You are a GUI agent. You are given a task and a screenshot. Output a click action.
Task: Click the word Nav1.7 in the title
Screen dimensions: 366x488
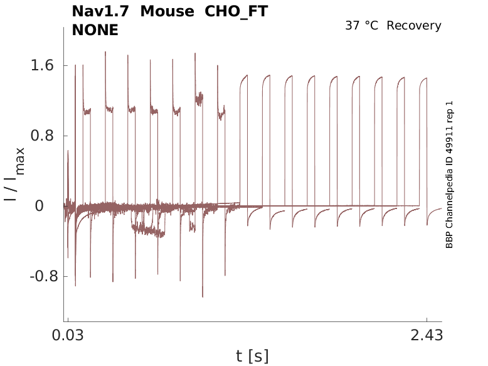point(100,12)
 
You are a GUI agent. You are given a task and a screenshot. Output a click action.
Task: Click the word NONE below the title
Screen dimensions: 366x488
point(95,29)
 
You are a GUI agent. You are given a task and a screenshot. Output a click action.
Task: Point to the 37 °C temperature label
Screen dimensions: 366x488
point(363,26)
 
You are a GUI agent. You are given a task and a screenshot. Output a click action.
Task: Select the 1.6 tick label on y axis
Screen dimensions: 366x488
point(40,66)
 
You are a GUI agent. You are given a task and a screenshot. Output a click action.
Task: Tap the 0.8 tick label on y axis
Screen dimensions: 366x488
point(40,136)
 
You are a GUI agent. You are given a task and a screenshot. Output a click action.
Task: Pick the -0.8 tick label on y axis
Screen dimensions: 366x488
point(36,276)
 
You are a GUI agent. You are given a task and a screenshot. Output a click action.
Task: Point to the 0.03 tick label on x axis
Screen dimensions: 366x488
point(68,335)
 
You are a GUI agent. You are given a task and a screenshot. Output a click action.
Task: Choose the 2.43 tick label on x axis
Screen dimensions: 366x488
point(427,335)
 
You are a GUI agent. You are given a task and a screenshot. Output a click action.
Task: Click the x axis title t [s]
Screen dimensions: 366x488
point(252,357)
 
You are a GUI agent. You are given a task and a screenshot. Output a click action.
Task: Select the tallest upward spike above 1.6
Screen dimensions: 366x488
point(105,52)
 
